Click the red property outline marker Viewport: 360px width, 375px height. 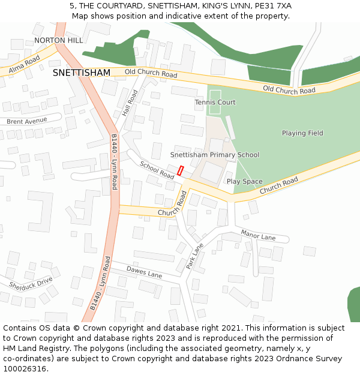181,171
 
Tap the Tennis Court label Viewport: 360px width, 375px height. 215,103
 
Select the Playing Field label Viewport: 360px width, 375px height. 302,133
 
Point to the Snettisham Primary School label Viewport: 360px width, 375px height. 214,155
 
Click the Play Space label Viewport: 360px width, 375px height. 244,181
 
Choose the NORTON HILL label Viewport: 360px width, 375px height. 58,40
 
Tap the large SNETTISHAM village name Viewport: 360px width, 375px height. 82,73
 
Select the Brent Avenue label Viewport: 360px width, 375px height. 26,121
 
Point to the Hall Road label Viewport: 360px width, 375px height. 130,103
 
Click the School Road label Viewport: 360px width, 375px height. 157,170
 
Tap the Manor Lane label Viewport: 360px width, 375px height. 258,235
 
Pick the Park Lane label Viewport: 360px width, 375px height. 195,256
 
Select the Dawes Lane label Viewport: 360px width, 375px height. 144,272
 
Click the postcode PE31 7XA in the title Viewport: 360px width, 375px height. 272,5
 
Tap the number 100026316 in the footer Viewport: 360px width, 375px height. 25,368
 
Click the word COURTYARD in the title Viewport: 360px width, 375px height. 114,5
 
